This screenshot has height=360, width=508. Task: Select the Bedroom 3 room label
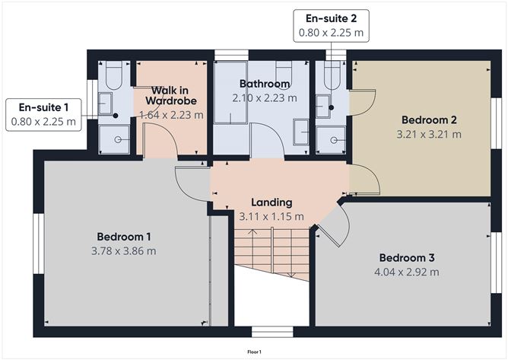point(406,256)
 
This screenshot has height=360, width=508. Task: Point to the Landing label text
point(271,202)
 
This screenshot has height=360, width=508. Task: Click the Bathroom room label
point(264,84)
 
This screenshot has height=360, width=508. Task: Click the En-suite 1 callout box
point(43,115)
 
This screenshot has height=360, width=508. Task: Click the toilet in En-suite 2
point(332,75)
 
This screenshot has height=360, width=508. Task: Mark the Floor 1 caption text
point(254,352)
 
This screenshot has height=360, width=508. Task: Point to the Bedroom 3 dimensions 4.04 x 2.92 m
point(406,271)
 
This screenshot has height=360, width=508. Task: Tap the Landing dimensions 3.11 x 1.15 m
point(271,216)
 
